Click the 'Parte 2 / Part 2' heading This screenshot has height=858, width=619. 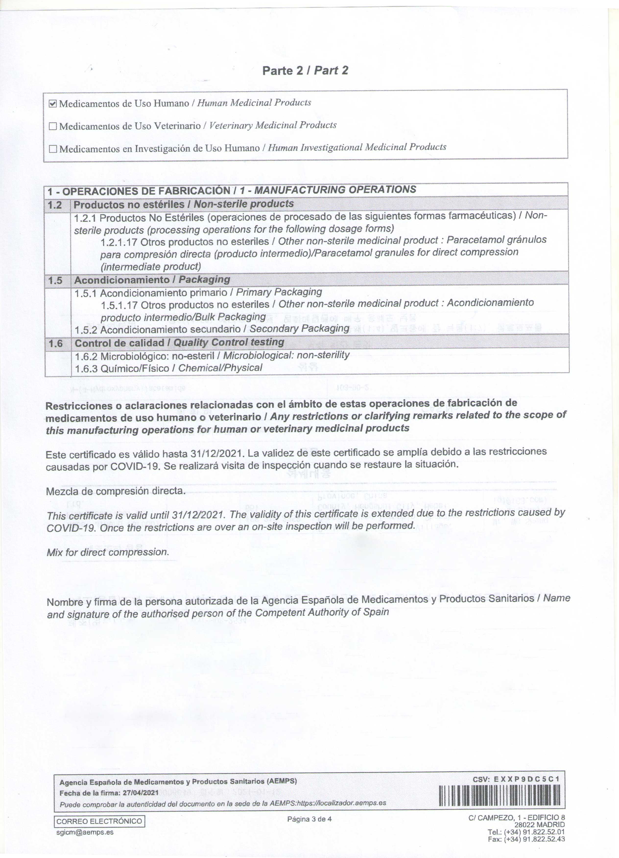click(305, 71)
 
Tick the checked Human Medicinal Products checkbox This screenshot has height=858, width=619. click(53, 104)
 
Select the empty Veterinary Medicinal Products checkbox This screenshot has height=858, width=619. click(53, 126)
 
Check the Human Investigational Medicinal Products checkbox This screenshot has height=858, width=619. click(53, 149)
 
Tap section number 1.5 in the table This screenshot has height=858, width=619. click(55, 280)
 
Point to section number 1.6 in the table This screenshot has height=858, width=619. click(56, 343)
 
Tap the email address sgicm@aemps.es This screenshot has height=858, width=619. click(84, 832)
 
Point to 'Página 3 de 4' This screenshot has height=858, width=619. click(309, 819)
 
